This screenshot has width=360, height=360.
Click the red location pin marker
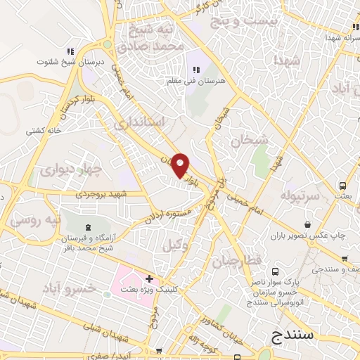tap(181, 165)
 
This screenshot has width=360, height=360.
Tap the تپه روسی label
tap(34, 219)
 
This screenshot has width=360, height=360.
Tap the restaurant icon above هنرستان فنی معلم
tap(196, 69)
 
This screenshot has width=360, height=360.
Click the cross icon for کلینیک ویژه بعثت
tap(149, 279)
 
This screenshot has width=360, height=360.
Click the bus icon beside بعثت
tap(342, 186)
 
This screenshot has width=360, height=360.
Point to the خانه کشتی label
tap(43, 131)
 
